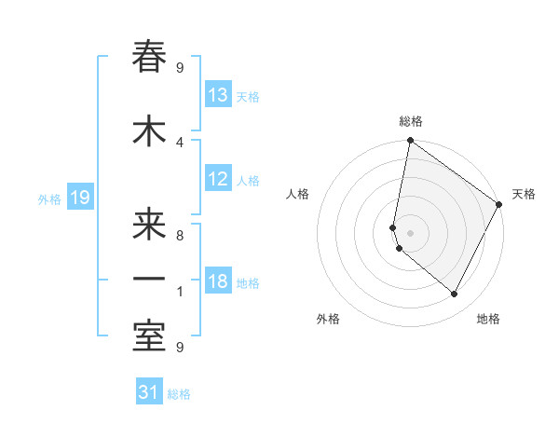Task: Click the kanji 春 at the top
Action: [149, 58]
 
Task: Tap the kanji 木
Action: [149, 130]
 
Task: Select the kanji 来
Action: [149, 225]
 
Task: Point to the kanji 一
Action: [149, 280]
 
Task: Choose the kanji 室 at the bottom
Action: [149, 335]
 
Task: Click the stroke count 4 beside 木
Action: [180, 142]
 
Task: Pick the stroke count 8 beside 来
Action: [180, 236]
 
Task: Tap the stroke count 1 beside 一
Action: [180, 292]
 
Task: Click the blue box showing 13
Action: [218, 95]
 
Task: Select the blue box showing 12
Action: [218, 179]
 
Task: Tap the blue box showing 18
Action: [218, 282]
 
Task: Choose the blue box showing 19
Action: [79, 198]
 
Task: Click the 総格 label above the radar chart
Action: [410, 121]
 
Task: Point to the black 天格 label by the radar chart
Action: [524, 194]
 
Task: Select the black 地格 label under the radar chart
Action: [488, 319]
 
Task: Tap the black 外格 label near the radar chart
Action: [328, 319]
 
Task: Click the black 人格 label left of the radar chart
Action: [297, 194]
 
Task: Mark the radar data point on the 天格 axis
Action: [499, 204]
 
